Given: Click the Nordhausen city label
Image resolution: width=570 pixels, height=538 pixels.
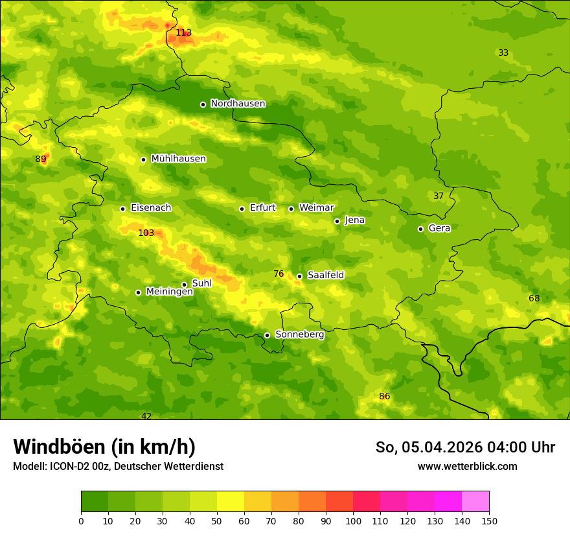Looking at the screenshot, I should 238,104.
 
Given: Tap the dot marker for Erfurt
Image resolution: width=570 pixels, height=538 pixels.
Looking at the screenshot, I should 242,209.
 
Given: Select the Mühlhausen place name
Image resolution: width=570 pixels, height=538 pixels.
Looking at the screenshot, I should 178,159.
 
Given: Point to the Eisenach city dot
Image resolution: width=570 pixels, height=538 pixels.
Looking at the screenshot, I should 122,209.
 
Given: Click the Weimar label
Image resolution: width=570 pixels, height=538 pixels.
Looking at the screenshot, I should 316,208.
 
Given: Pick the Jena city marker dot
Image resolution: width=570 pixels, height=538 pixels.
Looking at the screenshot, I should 337,221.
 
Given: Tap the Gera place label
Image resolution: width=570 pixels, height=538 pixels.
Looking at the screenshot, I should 439,228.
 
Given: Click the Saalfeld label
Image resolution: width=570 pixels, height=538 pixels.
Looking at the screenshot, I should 325,275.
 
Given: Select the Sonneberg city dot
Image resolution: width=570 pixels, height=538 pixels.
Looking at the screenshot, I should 267,335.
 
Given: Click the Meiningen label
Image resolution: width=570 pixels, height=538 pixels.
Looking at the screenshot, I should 169,292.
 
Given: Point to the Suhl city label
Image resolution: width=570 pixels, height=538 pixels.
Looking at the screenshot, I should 201,283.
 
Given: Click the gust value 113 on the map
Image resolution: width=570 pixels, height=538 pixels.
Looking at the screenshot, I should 184,32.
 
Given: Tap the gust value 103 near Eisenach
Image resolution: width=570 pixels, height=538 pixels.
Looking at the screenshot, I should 146,233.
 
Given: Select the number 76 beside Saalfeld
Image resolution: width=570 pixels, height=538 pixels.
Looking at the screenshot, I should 279,274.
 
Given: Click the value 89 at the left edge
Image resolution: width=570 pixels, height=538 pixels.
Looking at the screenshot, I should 41,159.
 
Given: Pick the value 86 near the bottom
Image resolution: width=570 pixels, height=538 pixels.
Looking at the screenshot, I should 385,397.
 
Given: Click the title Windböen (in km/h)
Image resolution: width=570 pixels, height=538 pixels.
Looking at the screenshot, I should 104,447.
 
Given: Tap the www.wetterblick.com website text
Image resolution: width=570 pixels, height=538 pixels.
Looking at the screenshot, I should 467,467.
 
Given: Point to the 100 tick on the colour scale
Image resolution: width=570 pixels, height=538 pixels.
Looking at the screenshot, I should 353,520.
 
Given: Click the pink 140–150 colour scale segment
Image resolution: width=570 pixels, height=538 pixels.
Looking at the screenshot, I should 475,502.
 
